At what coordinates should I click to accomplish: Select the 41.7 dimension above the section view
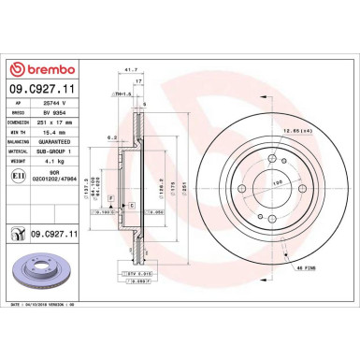131,69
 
